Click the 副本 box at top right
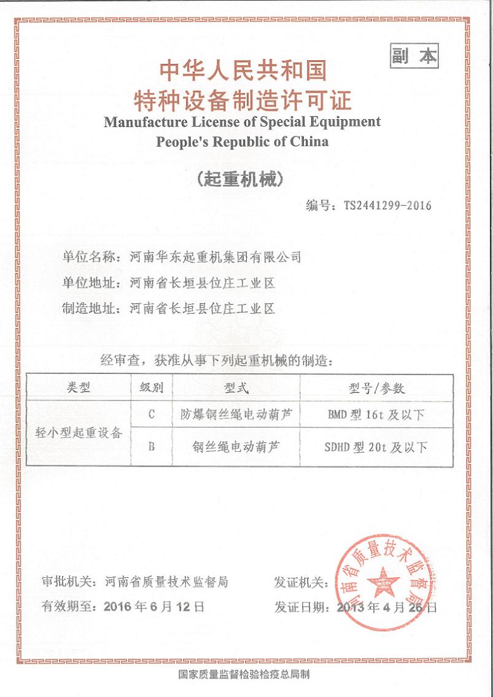(x=414, y=56)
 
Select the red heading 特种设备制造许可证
(x=243, y=98)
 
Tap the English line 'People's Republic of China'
(x=243, y=141)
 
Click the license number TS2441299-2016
(x=389, y=205)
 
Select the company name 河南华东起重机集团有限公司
(x=216, y=257)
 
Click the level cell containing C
(x=152, y=415)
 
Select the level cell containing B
(x=152, y=447)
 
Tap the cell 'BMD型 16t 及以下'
(x=376, y=415)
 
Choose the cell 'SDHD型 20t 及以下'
(x=376, y=447)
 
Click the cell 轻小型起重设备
(x=79, y=432)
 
